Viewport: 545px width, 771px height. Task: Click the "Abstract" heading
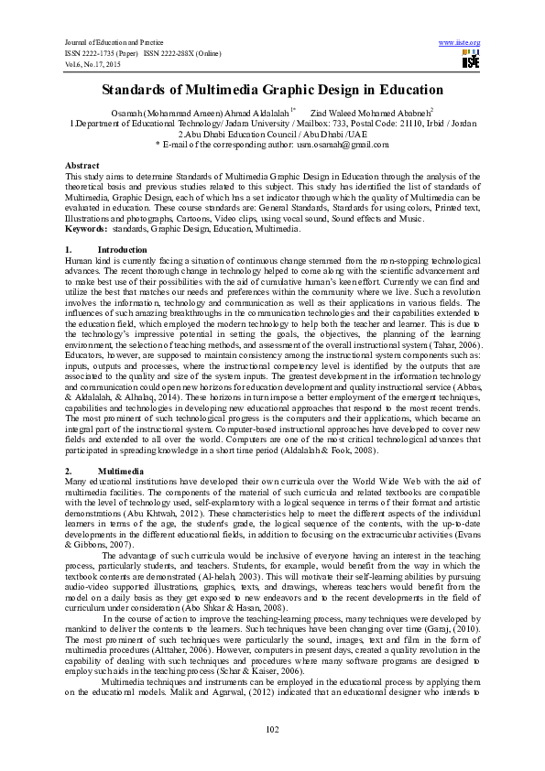pyautogui.click(x=82, y=165)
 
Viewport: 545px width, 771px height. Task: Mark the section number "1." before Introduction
pyautogui.click(x=69, y=249)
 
